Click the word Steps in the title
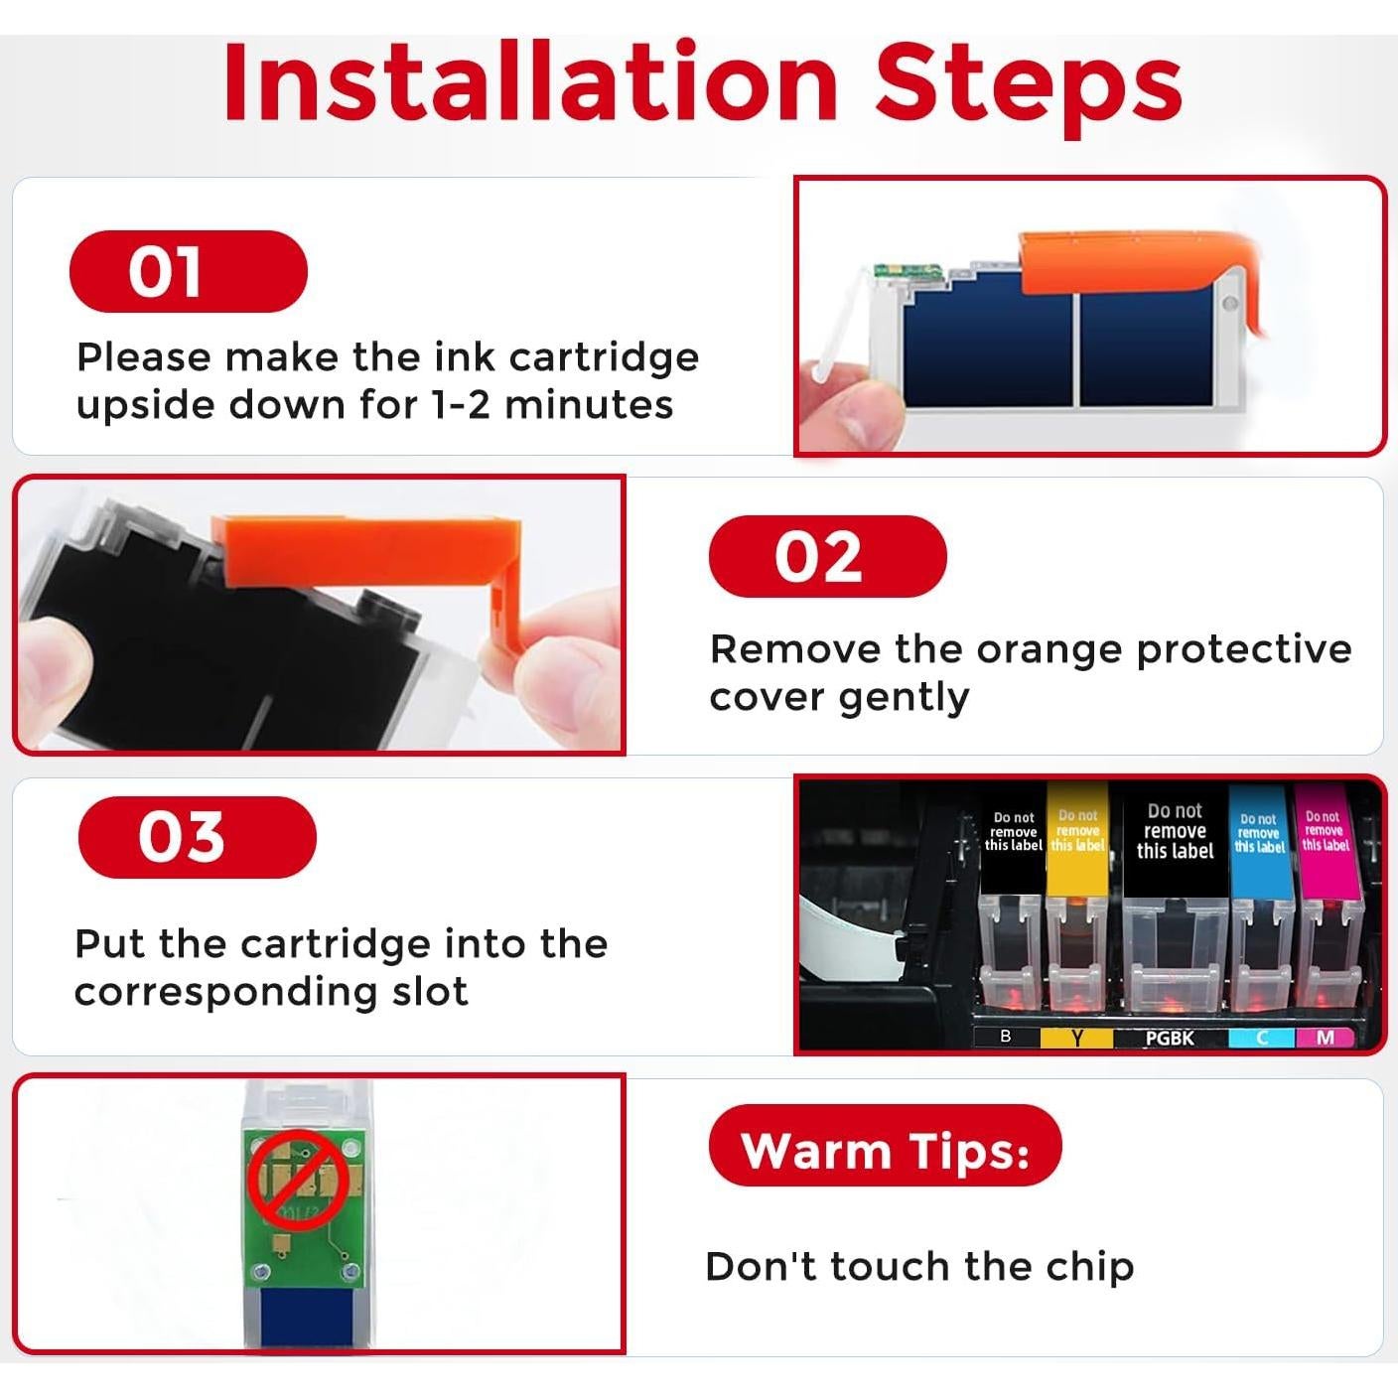pyautogui.click(x=1028, y=88)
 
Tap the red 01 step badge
pyautogui.click(x=189, y=271)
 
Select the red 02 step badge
pyautogui.click(x=828, y=556)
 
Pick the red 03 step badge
pyautogui.click(x=198, y=837)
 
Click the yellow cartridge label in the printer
pyautogui.click(x=1077, y=839)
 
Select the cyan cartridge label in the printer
pyautogui.click(x=1260, y=840)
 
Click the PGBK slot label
pyautogui.click(x=1171, y=1039)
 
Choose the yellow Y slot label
pyautogui.click(x=1076, y=1039)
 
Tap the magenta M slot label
pyautogui.click(x=1325, y=1039)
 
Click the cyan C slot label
pyautogui.click(x=1262, y=1039)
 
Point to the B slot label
pyautogui.click(x=1006, y=1038)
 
